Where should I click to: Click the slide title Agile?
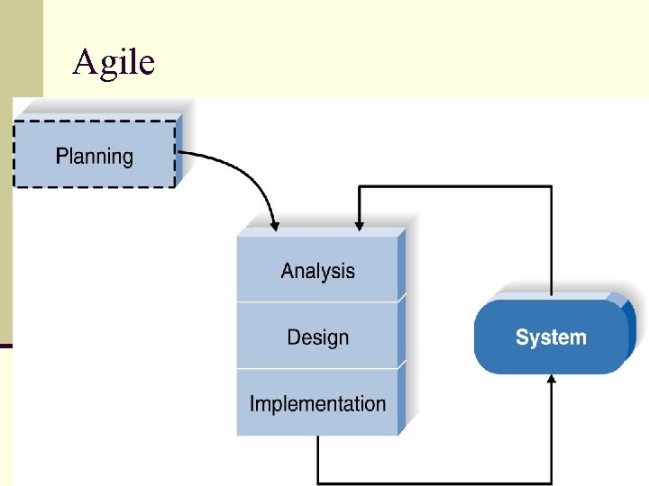tap(114, 61)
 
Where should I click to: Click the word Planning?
tap(94, 157)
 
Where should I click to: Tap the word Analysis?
tap(317, 271)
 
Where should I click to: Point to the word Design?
tap(317, 337)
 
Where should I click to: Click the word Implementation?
tap(317, 403)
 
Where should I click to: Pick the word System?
tap(551, 337)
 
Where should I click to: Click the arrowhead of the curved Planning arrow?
tap(274, 221)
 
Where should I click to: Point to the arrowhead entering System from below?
tap(552, 380)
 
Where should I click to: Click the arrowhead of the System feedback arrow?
tap(360, 221)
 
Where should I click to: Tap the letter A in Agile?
tap(85, 61)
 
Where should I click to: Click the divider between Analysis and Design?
tap(317, 301)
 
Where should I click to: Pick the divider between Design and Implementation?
tap(317, 368)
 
